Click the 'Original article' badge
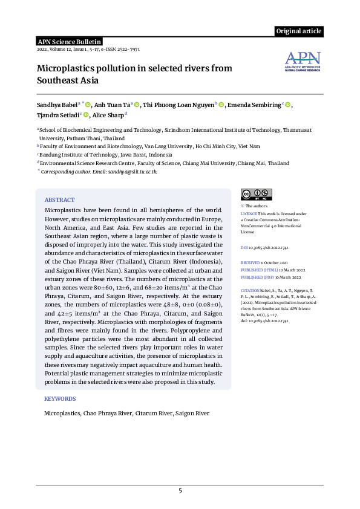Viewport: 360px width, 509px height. (299, 31)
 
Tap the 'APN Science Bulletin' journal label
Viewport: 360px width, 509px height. (67, 41)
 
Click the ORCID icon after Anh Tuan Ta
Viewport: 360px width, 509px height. (137, 105)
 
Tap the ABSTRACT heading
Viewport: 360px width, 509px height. (59, 199)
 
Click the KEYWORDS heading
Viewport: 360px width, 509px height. (60, 399)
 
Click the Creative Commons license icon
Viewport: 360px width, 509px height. (256, 195)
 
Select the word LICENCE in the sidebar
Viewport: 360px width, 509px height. (249, 214)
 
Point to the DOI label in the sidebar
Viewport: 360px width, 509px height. (244, 248)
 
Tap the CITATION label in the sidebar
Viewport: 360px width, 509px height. (250, 291)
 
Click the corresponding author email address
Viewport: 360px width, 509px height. (133, 172)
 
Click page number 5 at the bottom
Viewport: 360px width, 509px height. (180, 490)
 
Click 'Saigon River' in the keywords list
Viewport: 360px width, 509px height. (192, 413)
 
